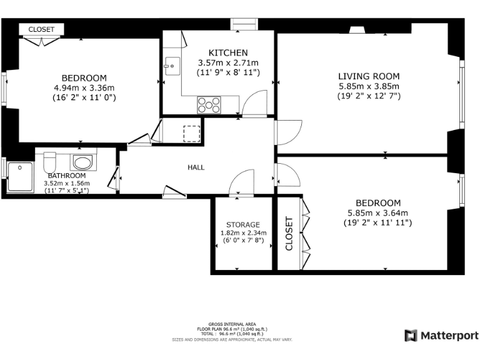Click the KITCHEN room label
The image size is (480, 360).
click(x=228, y=53)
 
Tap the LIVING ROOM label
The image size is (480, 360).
click(x=369, y=76)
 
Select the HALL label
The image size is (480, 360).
click(x=196, y=167)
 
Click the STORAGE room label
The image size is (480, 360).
click(x=243, y=224)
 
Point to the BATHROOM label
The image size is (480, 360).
click(x=66, y=176)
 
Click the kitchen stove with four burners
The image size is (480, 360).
click(x=209, y=104)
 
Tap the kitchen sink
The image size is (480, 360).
click(x=170, y=64)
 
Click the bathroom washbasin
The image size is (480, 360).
click(x=82, y=162)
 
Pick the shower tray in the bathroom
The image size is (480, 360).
click(x=20, y=176)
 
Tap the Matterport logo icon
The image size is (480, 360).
click(x=411, y=336)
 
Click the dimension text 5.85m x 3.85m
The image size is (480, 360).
click(x=369, y=86)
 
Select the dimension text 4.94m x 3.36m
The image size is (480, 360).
click(x=84, y=88)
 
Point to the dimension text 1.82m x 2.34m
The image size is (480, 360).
click(x=243, y=233)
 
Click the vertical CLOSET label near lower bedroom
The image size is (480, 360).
click(x=289, y=233)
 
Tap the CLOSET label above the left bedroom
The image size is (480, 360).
click(x=41, y=29)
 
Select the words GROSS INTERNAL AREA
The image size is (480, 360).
click(x=232, y=324)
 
